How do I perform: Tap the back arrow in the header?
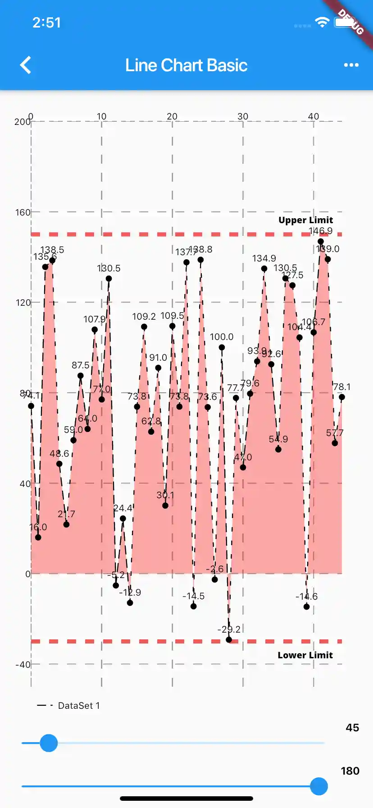click(x=26, y=65)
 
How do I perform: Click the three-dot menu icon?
click(x=351, y=65)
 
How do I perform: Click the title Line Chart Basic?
click(x=186, y=65)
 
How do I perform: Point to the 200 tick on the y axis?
click(x=22, y=122)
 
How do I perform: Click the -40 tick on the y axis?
click(x=23, y=665)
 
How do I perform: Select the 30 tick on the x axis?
click(x=243, y=116)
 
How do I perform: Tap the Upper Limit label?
click(x=305, y=220)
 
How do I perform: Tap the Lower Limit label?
click(x=305, y=655)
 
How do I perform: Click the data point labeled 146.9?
click(x=321, y=242)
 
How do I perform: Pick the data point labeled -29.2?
click(x=229, y=640)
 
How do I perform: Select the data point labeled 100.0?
click(x=222, y=347)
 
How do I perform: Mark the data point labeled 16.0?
click(x=38, y=537)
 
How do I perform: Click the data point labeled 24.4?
click(x=123, y=519)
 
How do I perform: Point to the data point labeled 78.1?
click(x=342, y=397)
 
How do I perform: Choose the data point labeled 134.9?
click(x=264, y=269)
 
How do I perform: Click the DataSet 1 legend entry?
click(x=68, y=706)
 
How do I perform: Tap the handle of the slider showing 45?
click(x=49, y=743)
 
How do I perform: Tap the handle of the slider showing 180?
click(x=319, y=786)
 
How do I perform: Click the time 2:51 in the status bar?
click(x=46, y=23)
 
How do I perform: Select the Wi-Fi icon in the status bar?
click(x=322, y=22)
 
